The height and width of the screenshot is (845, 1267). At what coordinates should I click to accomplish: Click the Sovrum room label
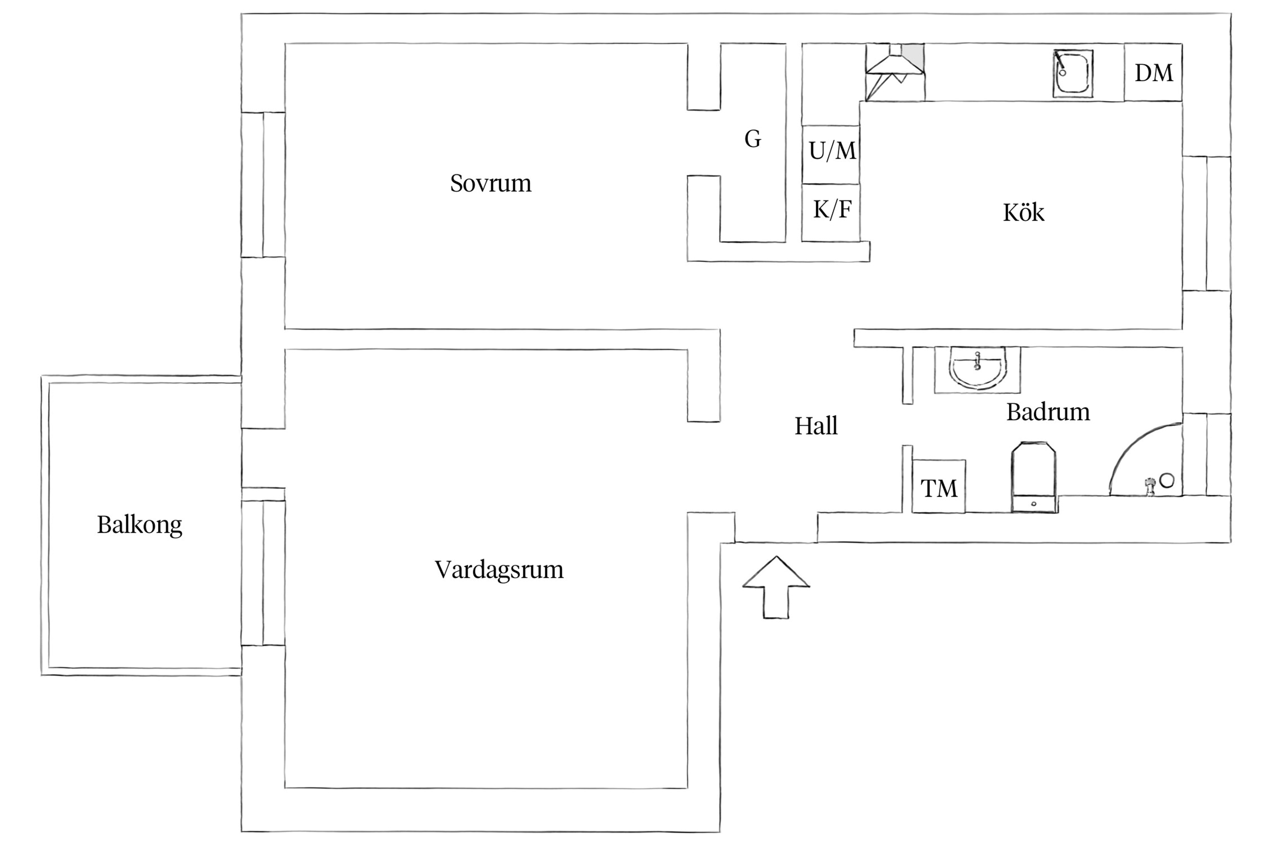coord(490,183)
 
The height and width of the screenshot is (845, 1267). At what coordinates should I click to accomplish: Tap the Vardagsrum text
coord(499,570)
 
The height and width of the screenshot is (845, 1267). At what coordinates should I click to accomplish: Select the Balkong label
coord(139,524)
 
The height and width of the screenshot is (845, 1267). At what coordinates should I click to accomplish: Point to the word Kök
coord(1023,212)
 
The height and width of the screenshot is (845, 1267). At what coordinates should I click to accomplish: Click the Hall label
coord(815,426)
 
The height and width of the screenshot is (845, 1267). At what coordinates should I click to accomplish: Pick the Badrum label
coord(1048,412)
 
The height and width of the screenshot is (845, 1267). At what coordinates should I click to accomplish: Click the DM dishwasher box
coord(1153,72)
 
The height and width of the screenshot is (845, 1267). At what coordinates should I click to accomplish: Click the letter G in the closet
coord(753,139)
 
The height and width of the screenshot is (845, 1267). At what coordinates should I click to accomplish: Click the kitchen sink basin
coord(1073,74)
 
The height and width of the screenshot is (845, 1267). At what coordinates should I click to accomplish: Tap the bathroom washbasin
coord(977,368)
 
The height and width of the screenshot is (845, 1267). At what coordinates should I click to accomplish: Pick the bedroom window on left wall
coord(263,185)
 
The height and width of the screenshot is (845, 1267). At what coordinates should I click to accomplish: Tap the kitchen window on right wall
coord(1207,223)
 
